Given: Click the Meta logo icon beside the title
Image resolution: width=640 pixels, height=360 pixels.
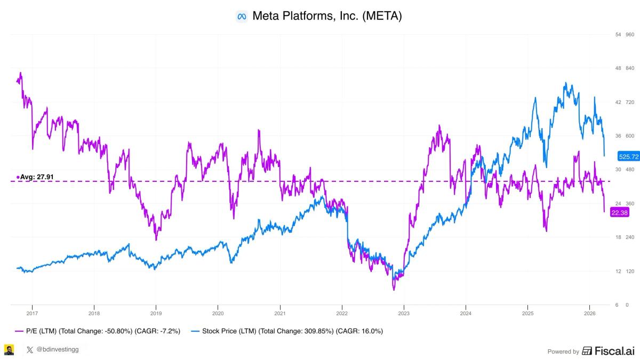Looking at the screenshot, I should (x=242, y=17).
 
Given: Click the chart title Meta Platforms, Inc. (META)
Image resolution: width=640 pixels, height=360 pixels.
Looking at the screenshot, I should (x=326, y=16).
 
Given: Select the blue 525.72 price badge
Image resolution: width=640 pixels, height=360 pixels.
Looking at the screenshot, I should (x=628, y=157).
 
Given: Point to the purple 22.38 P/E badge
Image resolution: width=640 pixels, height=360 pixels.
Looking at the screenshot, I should (x=620, y=213).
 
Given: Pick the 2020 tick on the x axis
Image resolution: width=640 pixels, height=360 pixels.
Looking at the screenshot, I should (x=218, y=314).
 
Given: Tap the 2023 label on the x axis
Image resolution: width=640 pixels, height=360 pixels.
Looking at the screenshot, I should (x=404, y=314).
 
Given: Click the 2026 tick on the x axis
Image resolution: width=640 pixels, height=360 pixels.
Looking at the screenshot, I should (x=589, y=314).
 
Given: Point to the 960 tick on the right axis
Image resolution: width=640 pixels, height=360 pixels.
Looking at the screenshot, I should (x=629, y=35).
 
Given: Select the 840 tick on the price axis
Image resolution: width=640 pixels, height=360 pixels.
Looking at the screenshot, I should (x=629, y=68).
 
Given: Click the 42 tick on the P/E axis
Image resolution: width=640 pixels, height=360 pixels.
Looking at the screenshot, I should (x=618, y=102).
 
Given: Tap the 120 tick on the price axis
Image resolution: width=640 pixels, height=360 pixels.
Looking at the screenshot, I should (x=629, y=271).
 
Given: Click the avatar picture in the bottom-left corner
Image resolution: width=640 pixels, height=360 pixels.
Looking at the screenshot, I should (x=9, y=350).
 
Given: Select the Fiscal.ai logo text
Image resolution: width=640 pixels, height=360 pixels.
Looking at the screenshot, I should (x=609, y=351).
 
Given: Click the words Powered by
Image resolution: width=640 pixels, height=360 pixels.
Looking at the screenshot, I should (x=563, y=351).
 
